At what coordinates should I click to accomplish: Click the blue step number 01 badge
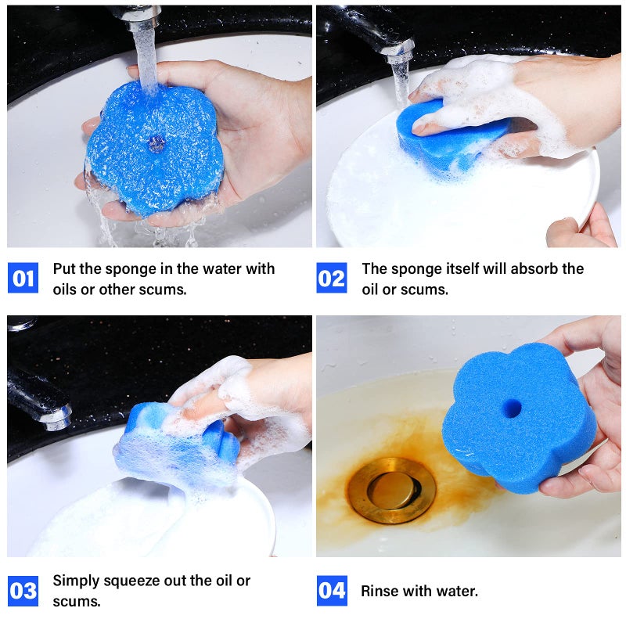(23, 279)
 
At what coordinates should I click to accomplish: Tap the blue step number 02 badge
(332, 279)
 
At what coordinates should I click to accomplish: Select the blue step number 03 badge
(23, 591)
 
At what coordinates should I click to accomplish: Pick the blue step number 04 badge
(332, 591)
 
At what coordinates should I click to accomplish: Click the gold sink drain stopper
(391, 490)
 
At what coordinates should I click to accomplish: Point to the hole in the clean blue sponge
(512, 408)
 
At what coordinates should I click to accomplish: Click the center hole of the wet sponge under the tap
(156, 142)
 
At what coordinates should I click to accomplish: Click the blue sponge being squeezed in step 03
(176, 446)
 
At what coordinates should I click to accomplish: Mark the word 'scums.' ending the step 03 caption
(77, 602)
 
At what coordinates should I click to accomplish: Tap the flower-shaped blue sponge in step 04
(516, 423)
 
